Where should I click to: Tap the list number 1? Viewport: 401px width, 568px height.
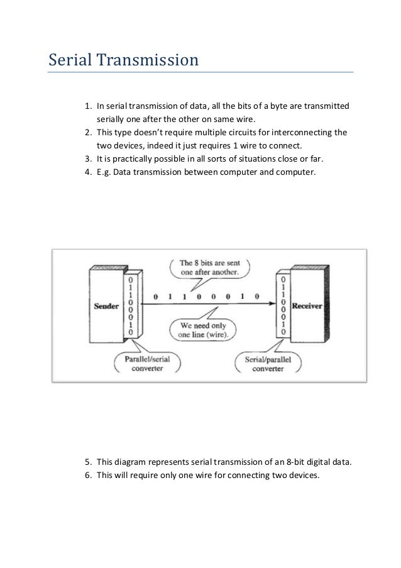(x=88, y=104)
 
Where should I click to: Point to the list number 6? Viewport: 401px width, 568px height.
(x=88, y=476)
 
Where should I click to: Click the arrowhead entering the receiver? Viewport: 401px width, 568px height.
(x=273, y=304)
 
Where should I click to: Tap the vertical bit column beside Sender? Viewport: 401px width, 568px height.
(x=130, y=304)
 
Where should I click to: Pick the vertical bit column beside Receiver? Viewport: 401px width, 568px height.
(x=284, y=304)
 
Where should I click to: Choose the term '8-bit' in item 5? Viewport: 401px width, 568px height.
(x=290, y=463)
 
